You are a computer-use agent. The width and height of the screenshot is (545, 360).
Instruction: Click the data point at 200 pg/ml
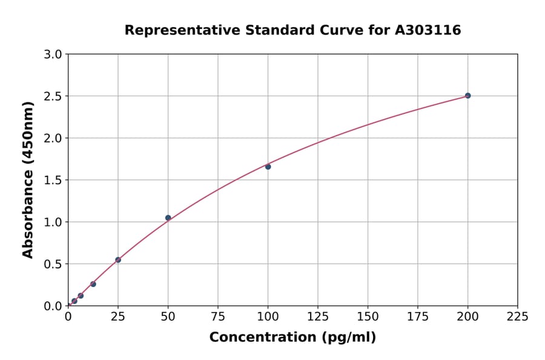[x=467, y=96]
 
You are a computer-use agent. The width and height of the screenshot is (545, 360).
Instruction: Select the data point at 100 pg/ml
[x=268, y=167]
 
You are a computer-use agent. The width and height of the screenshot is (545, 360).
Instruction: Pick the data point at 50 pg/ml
[x=168, y=218]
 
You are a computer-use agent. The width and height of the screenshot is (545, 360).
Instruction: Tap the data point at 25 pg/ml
[x=118, y=260]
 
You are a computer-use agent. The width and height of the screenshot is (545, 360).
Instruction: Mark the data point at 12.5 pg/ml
[x=93, y=284]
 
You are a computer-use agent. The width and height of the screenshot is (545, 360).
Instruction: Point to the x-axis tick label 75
[x=218, y=316]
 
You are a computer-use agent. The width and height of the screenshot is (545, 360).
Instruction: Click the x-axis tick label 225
[x=518, y=316]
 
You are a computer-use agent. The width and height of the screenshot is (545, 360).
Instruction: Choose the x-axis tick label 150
[x=368, y=316]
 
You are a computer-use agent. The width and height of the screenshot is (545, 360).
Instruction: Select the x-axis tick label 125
[x=318, y=316]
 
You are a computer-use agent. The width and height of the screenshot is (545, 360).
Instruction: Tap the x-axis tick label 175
[x=418, y=316]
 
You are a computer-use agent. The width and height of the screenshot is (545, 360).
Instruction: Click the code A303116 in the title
[x=428, y=30]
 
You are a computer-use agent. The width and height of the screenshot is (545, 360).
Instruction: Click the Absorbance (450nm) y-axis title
[x=28, y=180]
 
